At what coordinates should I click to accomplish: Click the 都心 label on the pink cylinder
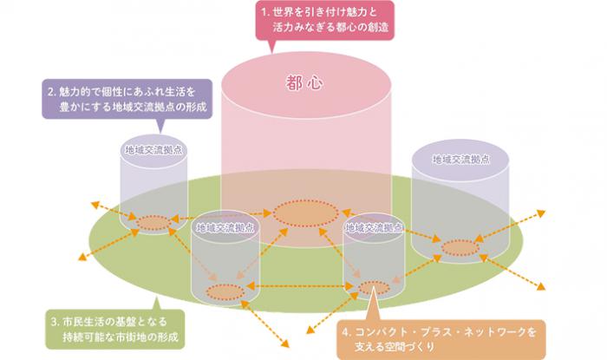(303, 83)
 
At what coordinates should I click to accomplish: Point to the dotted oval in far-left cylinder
(153, 223)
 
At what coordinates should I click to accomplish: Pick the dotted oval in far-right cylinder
(460, 249)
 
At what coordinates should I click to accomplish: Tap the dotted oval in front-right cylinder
(374, 288)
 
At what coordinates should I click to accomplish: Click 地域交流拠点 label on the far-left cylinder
(153, 149)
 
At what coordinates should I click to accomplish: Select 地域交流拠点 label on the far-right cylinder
(461, 160)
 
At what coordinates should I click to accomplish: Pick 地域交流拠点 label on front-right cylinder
(374, 228)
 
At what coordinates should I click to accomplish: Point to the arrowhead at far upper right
(544, 212)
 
